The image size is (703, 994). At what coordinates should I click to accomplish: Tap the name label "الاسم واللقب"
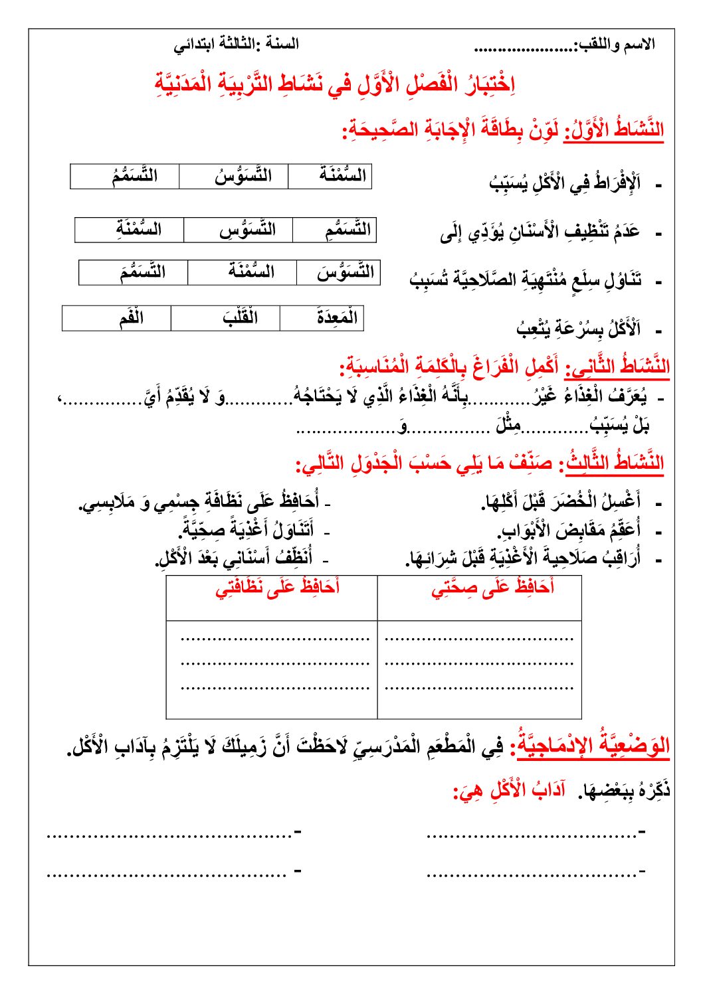[616, 45]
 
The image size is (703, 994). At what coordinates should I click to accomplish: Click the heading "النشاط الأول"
[614, 129]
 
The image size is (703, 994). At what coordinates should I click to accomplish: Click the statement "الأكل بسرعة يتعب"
[578, 328]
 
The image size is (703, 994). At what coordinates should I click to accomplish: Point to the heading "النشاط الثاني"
[617, 366]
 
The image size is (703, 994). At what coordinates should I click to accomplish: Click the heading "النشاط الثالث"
[615, 463]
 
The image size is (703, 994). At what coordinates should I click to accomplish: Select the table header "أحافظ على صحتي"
[492, 588]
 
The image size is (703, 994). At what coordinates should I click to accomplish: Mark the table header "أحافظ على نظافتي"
[278, 588]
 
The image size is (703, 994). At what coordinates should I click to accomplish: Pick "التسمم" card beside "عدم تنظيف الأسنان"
[347, 230]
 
